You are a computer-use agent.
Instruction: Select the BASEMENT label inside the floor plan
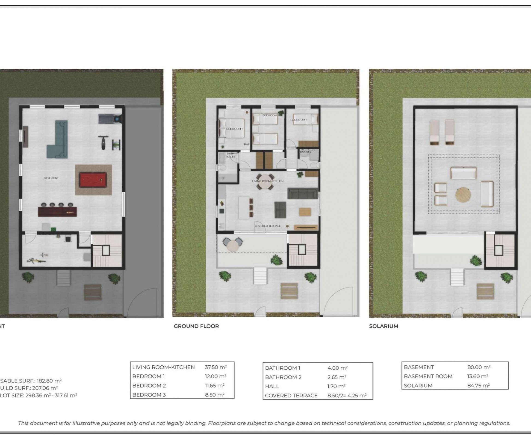point(51,178)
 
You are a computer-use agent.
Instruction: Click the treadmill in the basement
point(110,118)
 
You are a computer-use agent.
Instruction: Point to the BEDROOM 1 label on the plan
point(234,129)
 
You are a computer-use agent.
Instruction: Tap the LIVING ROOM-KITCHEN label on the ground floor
point(268,181)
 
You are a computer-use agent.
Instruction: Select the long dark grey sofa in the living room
point(303,193)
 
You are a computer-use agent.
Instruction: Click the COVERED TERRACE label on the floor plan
point(268,226)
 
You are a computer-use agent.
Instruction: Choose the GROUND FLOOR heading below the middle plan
point(196,326)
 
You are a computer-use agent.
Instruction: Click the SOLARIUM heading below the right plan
point(383,326)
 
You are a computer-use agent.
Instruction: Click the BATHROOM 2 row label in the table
point(283,377)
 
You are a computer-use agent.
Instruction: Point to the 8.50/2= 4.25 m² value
point(347,395)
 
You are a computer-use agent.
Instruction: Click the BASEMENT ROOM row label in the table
point(428,376)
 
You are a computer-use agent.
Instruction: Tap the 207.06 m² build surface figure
point(45,388)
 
